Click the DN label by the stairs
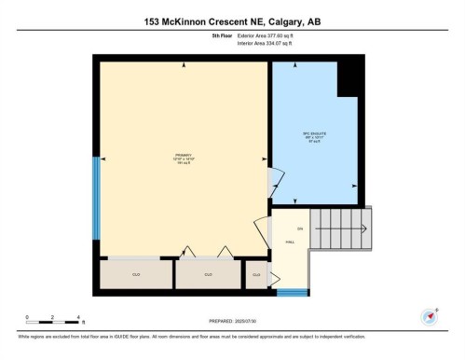[x=300, y=228]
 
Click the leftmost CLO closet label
[x=135, y=274]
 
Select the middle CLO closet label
[x=209, y=274]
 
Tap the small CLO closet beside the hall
[x=257, y=274]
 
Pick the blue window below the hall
[x=294, y=293]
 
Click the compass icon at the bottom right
[x=431, y=315]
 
